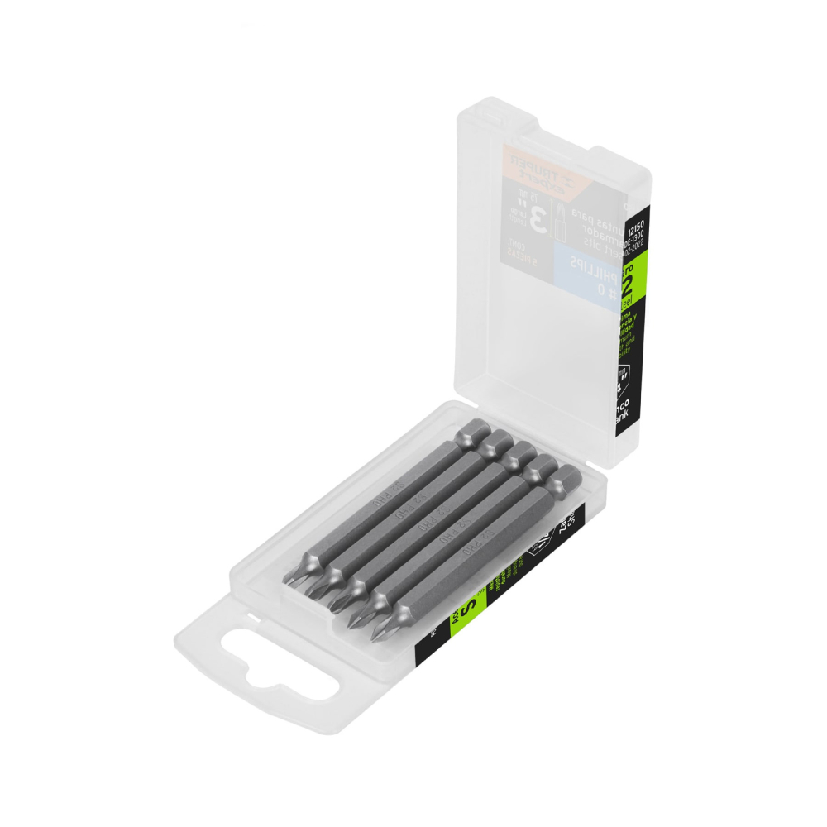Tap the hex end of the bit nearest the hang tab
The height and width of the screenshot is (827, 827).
(565, 480)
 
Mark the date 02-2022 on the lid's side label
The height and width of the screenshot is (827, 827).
(634, 245)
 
